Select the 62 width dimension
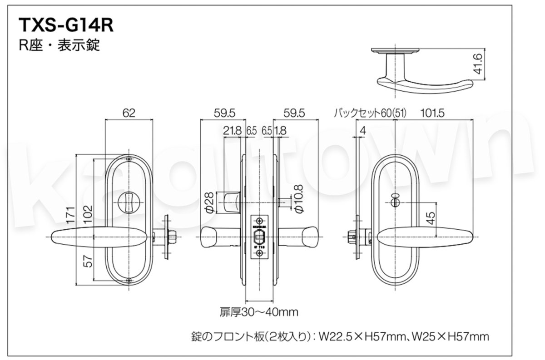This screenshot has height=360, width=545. point(129,113)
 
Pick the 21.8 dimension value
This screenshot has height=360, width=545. point(232,131)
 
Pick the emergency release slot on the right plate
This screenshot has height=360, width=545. point(394,198)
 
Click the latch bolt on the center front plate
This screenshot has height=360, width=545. point(259,237)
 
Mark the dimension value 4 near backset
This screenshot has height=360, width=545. point(362,131)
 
